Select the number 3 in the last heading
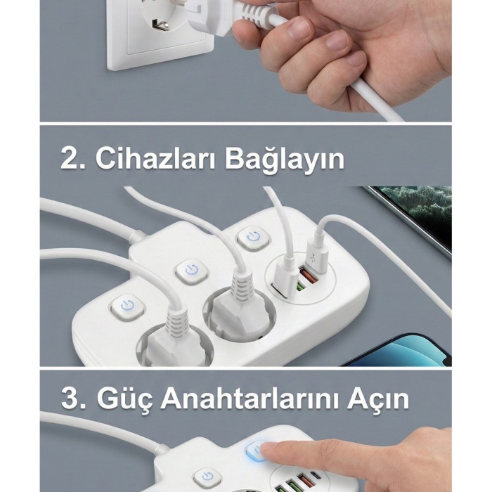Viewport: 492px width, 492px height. [70, 399]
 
